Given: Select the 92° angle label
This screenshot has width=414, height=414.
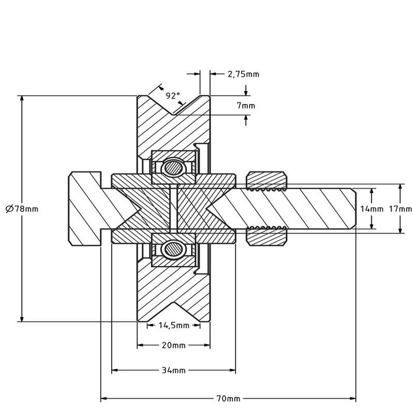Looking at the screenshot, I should (172, 95).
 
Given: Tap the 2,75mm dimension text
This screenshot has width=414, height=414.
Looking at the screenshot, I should (243, 74).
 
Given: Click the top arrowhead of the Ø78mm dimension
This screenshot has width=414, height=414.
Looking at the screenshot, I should (22, 98).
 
